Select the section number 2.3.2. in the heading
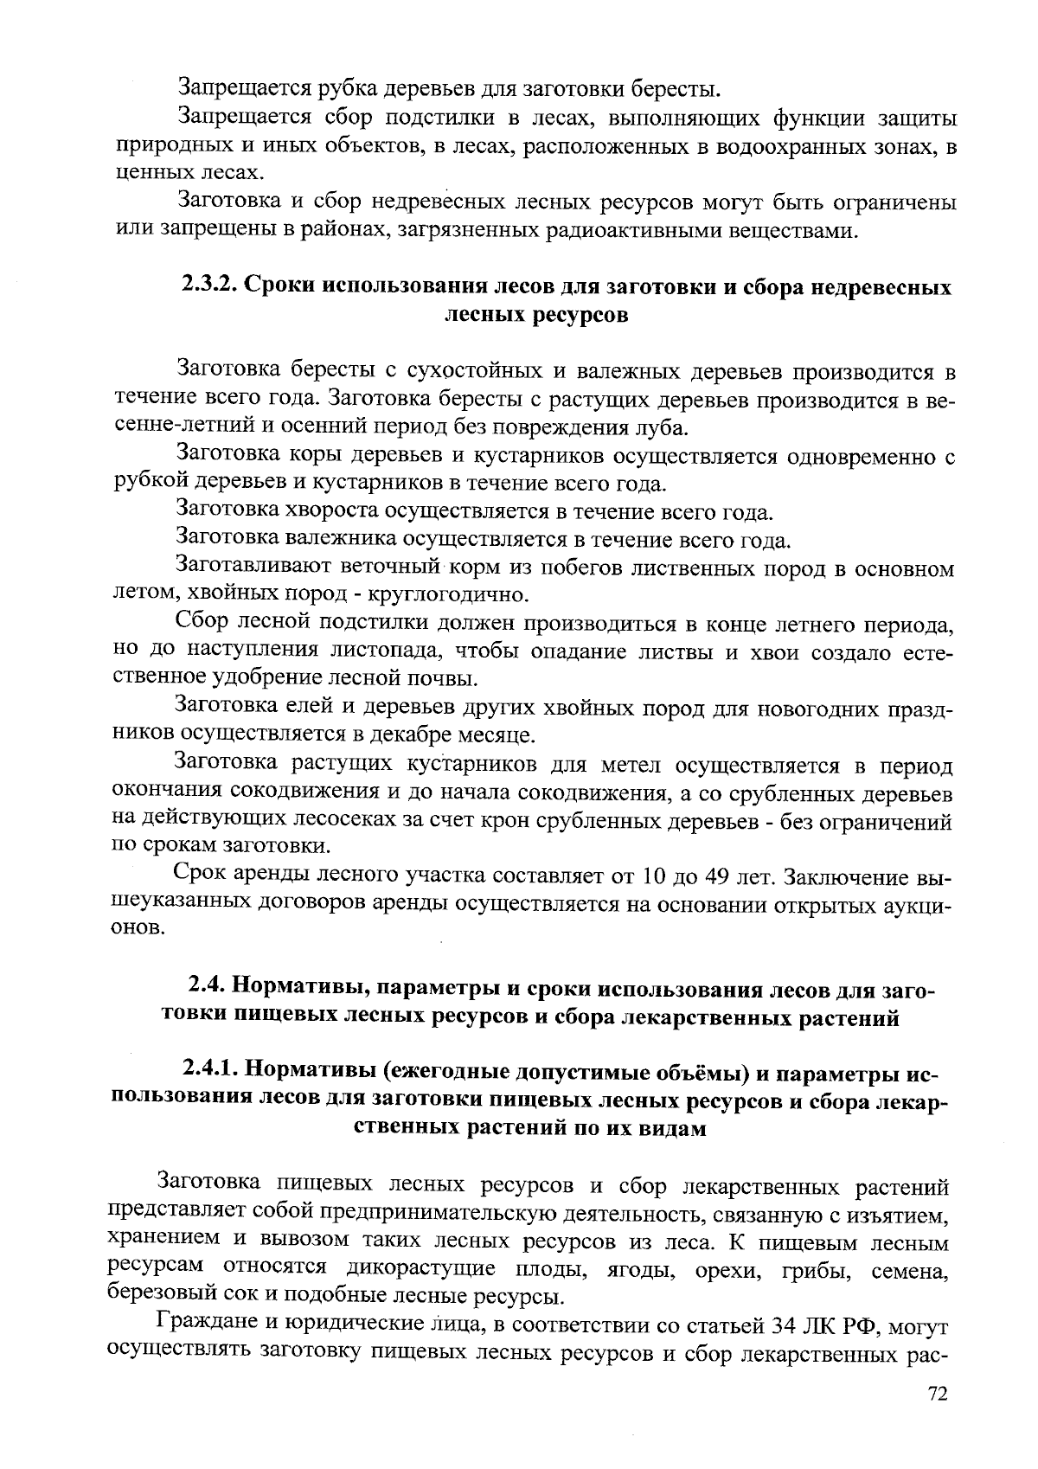click(x=208, y=286)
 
